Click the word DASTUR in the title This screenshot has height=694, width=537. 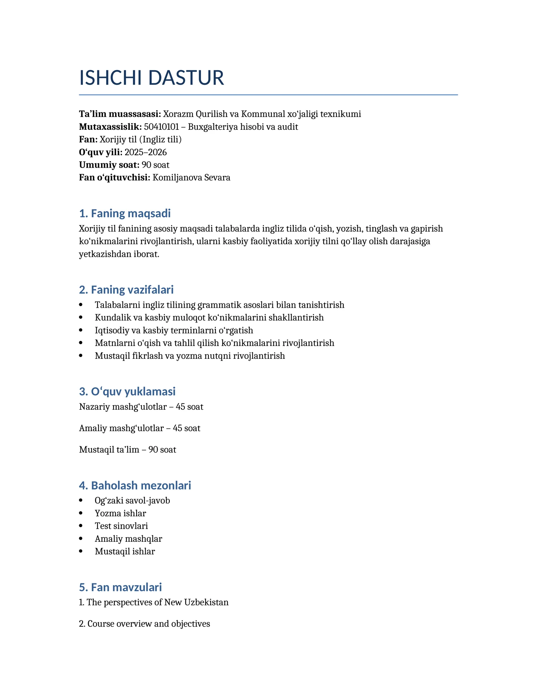(186, 78)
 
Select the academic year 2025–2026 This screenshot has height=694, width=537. (146, 153)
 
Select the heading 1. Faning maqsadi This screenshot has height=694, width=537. (125, 213)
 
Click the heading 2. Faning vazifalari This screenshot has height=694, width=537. (126, 290)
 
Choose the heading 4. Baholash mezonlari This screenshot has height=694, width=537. (135, 485)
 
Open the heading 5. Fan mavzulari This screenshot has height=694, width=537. (120, 587)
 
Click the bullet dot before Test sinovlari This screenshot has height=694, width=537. (81, 526)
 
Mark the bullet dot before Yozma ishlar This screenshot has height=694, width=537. (81, 513)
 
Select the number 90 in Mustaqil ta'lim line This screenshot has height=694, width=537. (153, 450)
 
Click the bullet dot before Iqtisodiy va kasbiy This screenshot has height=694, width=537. (81, 331)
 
